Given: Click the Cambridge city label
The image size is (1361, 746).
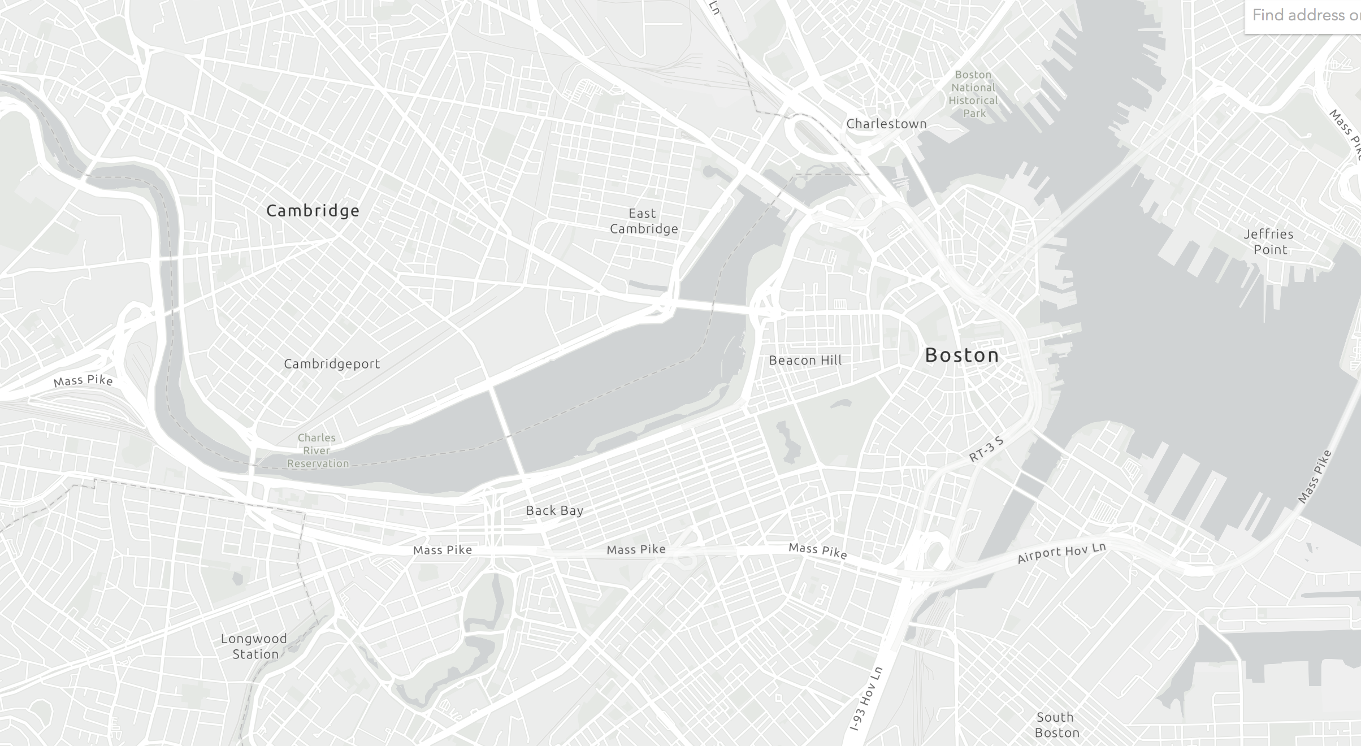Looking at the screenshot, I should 313,211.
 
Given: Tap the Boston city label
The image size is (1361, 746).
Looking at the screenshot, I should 962,355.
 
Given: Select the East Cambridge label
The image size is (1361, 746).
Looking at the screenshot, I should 643,221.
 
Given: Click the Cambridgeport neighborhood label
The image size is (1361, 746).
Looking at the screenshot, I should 332,364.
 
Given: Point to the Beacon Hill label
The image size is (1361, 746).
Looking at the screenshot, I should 805,361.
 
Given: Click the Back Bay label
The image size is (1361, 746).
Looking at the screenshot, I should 554,511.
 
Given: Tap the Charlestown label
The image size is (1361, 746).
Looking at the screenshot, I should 886,124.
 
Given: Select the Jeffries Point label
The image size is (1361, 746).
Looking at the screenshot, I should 1269,242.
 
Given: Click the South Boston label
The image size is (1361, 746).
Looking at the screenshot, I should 1056,725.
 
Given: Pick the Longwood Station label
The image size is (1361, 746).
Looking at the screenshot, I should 254,647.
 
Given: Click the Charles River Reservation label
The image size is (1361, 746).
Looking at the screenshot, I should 317,450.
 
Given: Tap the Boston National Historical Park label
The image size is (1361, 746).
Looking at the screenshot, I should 973,94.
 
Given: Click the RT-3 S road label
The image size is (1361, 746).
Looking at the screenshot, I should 986,449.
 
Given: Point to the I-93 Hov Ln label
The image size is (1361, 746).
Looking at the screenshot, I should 866,699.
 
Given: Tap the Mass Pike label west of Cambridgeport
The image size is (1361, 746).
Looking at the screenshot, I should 83,380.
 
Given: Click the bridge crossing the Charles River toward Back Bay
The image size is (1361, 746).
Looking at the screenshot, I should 508,430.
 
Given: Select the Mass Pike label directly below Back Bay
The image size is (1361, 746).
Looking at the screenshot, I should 635,549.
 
